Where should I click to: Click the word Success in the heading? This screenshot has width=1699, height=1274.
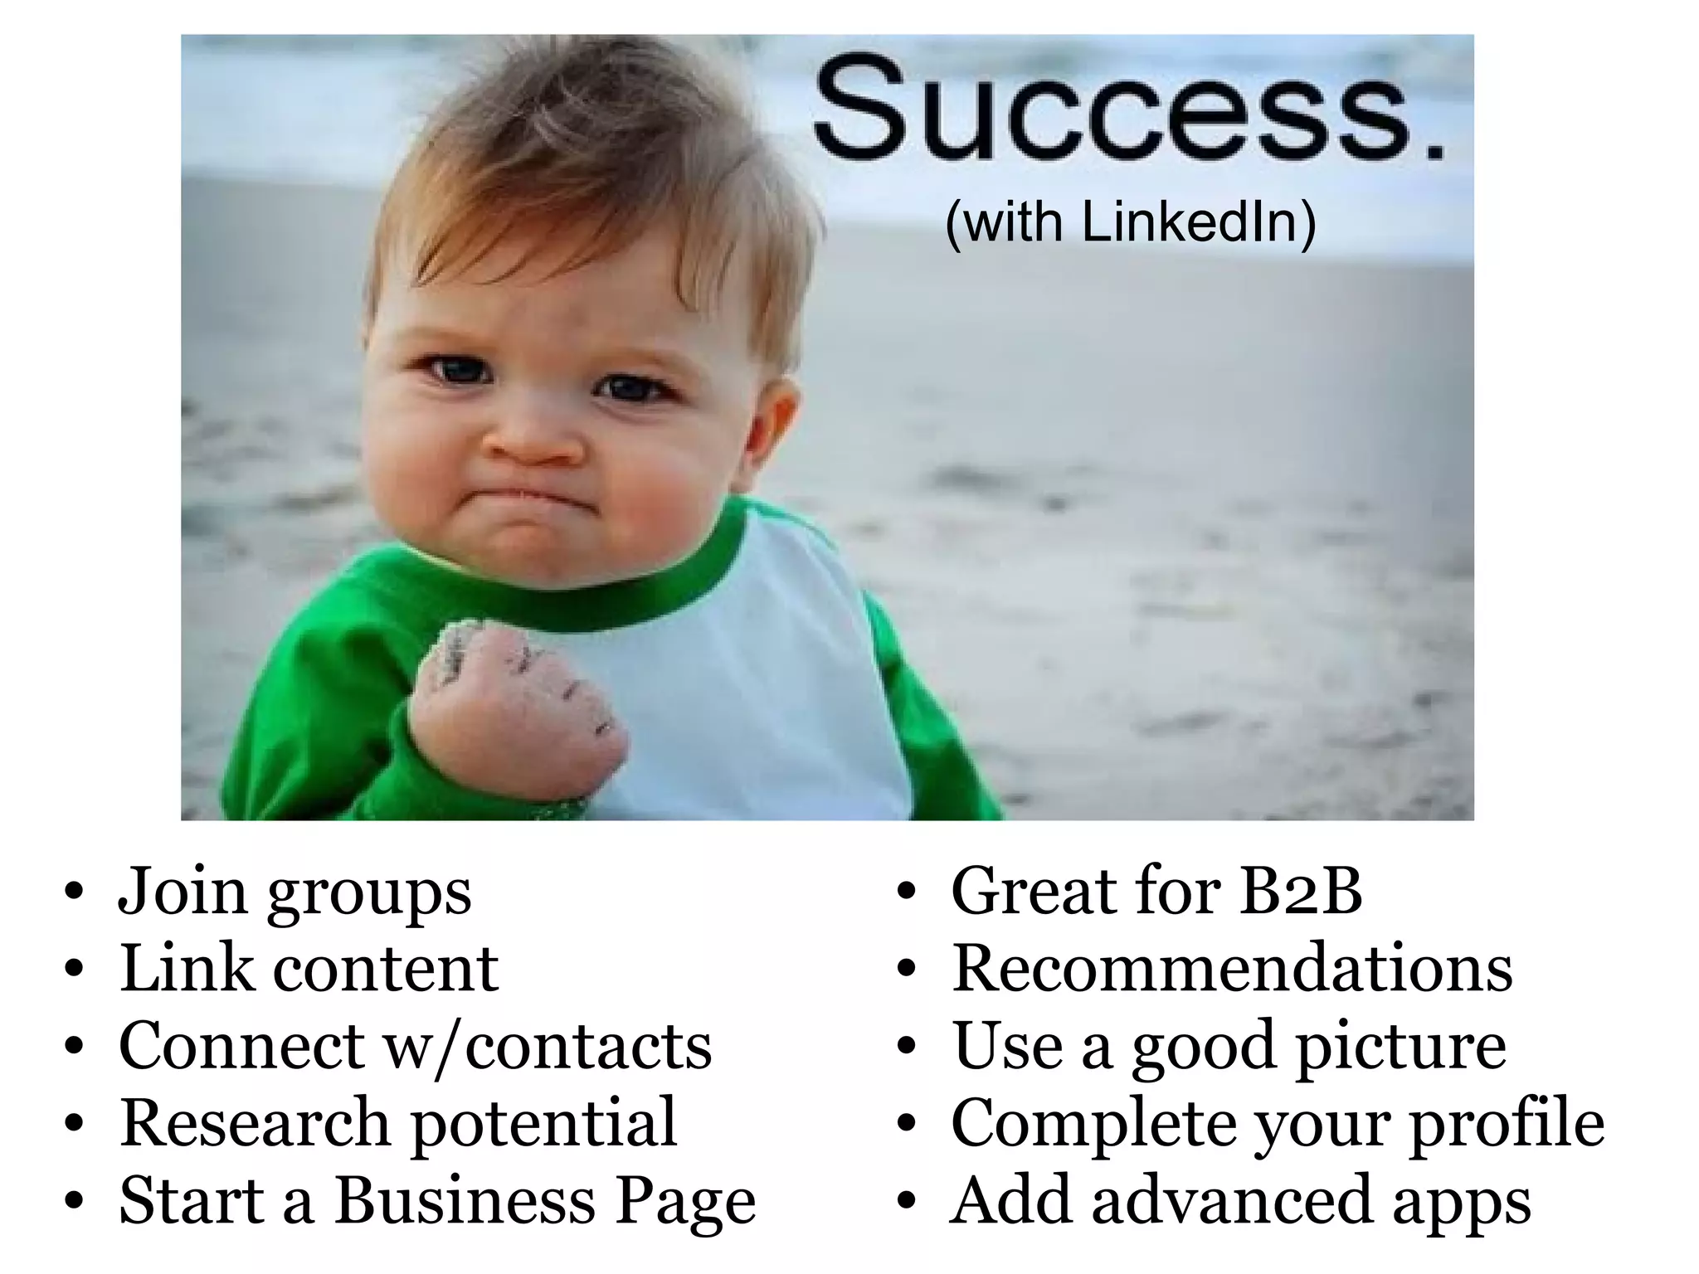click(x=1112, y=108)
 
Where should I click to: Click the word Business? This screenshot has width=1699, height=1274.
click(x=465, y=1200)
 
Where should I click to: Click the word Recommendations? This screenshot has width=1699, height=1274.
click(x=1232, y=968)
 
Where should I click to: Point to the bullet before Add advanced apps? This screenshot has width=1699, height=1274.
click(x=906, y=1203)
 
